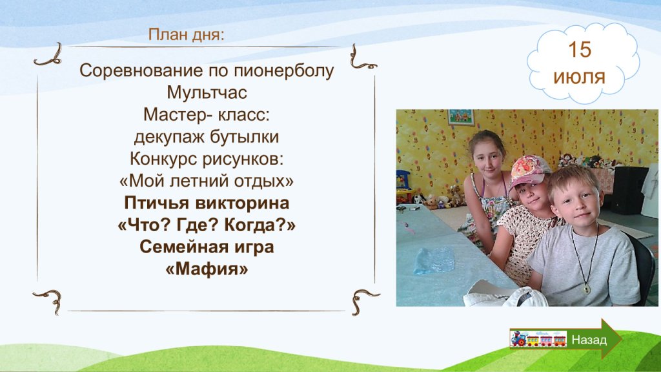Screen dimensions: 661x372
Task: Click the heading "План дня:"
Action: [x=186, y=35]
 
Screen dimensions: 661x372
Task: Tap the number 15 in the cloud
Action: [x=580, y=49]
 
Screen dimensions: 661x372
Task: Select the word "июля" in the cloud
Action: [x=579, y=77]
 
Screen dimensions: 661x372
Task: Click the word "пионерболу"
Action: [x=283, y=71]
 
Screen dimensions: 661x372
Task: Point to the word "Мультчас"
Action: [x=207, y=92]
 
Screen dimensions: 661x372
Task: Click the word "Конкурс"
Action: [x=163, y=159]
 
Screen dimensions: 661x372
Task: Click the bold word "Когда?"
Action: [x=259, y=225]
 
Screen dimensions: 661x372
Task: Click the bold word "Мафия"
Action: [x=207, y=269]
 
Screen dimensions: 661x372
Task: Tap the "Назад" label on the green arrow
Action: [x=589, y=340]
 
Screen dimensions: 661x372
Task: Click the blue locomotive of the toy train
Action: [x=518, y=338]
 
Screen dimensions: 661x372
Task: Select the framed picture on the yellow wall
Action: [x=461, y=118]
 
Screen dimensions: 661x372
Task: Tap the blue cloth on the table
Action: [x=434, y=260]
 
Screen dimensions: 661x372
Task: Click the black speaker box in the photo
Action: [x=630, y=190]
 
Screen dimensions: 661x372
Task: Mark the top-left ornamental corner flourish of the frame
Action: [x=48, y=56]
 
